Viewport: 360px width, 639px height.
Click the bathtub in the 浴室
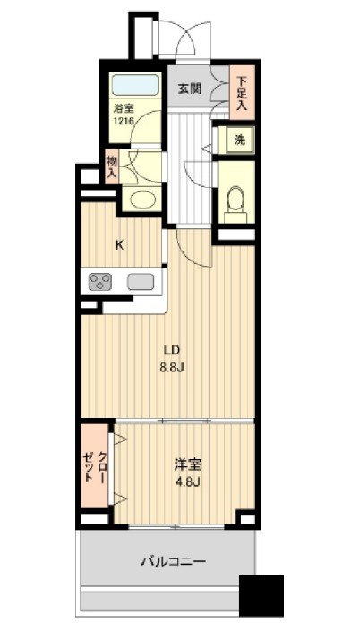[x=135, y=85]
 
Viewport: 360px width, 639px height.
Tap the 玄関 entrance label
[x=189, y=89]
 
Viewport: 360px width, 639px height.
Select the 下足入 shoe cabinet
[x=242, y=92]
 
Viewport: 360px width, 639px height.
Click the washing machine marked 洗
[x=240, y=140]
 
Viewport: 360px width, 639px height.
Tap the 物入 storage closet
[x=111, y=166]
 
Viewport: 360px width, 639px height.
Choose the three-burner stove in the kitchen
[x=100, y=282]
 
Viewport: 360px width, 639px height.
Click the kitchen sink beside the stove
[x=141, y=282]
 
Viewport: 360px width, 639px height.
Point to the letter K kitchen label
[x=119, y=245]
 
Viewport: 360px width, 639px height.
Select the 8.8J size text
[x=173, y=367]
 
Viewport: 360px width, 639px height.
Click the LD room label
[x=172, y=350]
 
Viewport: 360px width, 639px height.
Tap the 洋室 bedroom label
[x=188, y=465]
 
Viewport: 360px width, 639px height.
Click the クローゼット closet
[x=95, y=465]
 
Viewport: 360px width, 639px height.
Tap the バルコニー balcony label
[x=174, y=561]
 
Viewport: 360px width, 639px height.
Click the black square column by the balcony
[x=261, y=596]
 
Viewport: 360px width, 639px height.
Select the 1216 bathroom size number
[x=124, y=121]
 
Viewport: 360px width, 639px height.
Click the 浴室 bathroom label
[x=124, y=109]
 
